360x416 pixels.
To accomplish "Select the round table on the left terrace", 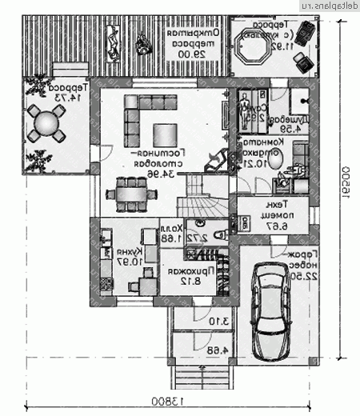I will (46, 124).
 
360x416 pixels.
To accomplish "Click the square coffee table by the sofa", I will (167, 134).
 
